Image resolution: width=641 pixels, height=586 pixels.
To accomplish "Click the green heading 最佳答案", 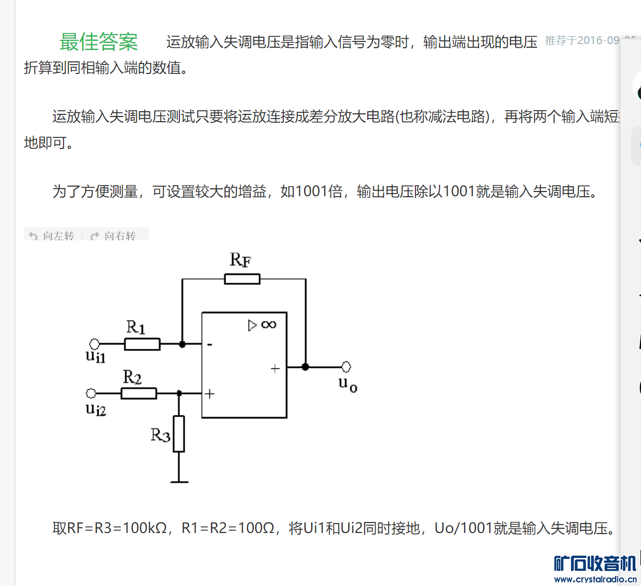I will pos(99,42).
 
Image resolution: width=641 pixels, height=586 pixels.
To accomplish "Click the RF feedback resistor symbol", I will pos(242,279).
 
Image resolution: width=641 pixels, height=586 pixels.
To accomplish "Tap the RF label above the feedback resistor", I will pos(240,260).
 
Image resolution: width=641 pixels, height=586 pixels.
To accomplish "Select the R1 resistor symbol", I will pos(142,344).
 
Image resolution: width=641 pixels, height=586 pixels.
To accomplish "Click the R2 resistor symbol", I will pos(138,393).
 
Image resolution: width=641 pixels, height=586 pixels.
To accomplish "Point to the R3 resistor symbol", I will pos(179,433).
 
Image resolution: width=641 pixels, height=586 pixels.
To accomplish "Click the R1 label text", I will pos(135,327).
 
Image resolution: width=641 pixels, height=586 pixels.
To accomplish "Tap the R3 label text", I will pos(160,435).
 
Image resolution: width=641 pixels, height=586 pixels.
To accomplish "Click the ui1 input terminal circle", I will pos(94,344).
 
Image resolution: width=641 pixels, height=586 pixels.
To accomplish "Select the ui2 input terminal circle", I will pos(91,393).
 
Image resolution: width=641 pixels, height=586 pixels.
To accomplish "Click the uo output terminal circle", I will pos(346,367).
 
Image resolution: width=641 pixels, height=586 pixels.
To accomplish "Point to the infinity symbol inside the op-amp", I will pos(269,325).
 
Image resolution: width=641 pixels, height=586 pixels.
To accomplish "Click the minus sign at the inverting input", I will pos(210,345).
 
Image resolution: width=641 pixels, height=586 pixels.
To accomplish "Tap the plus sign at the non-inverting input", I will pos(210,393).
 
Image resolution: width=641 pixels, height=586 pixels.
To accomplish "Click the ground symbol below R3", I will pos(179,481).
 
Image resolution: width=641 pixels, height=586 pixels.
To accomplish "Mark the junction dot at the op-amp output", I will pos(305,367).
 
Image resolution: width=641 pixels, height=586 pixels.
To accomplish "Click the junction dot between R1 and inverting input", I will pos(182,344).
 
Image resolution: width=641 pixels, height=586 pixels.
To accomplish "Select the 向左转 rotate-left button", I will pos(52,236).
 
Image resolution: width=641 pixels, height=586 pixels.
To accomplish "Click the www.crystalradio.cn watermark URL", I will pos(595,579).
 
